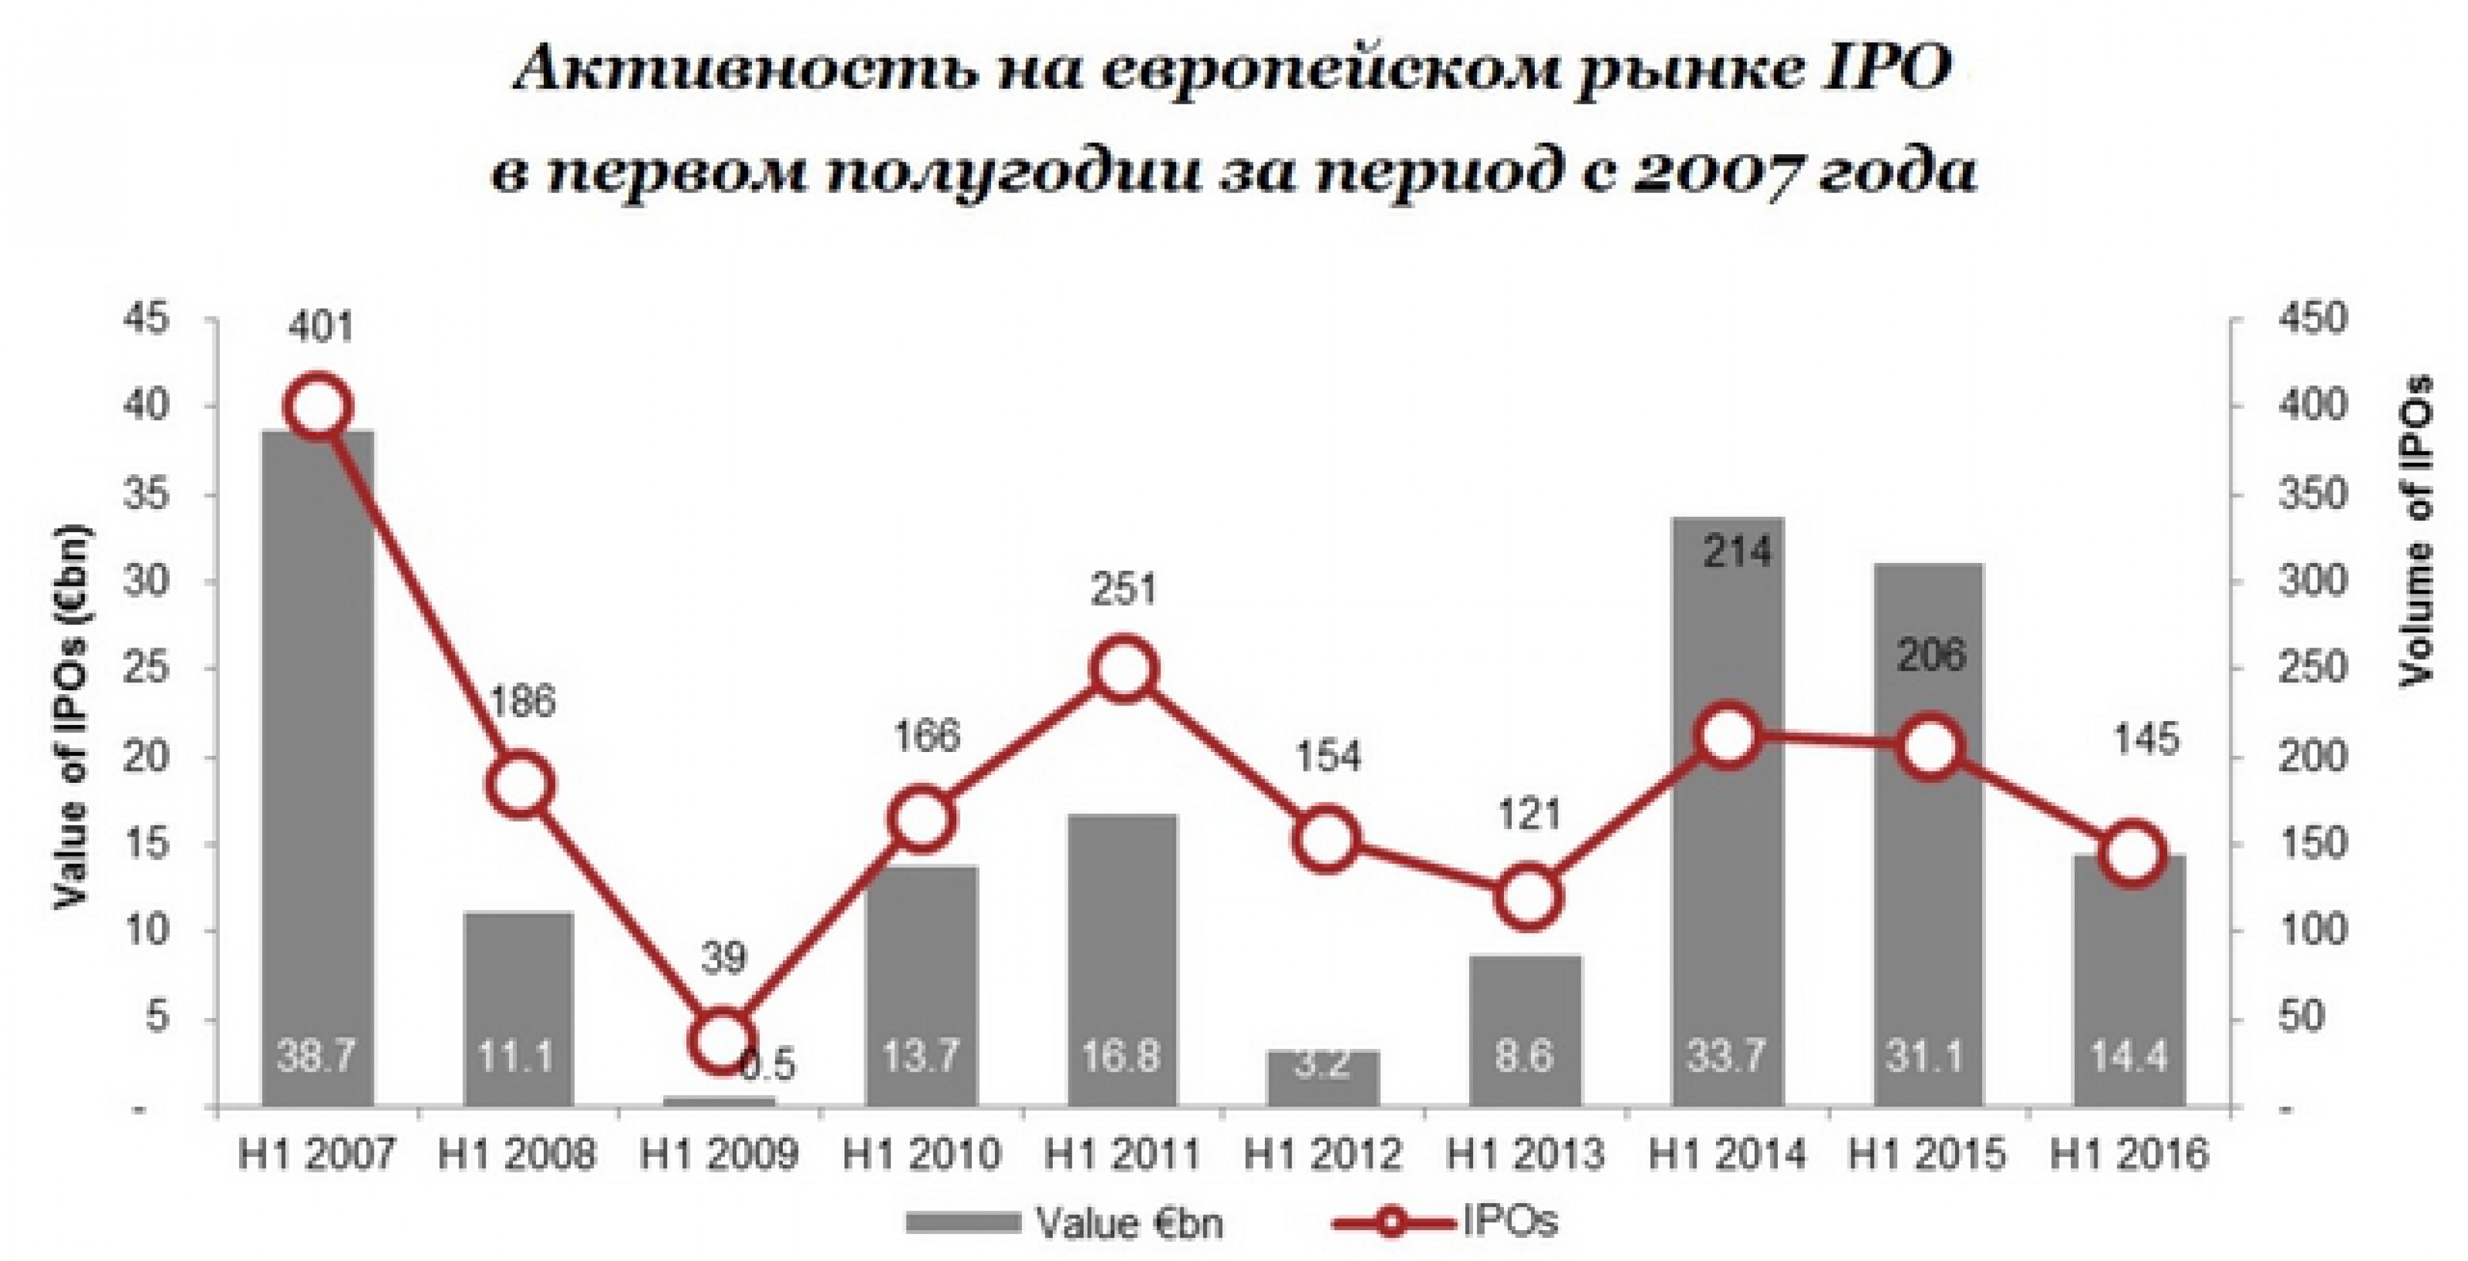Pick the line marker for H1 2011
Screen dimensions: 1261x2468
[1124, 670]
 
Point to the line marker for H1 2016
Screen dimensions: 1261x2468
[2130, 854]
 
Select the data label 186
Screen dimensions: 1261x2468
[521, 701]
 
